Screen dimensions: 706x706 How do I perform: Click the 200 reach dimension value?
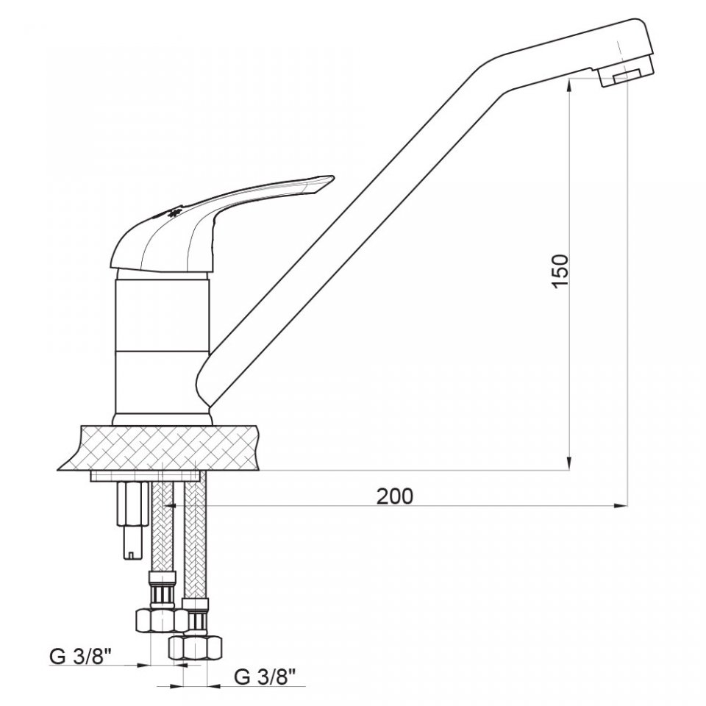click(394, 496)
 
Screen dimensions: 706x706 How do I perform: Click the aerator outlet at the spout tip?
click(627, 78)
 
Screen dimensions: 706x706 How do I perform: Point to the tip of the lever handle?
click(332, 178)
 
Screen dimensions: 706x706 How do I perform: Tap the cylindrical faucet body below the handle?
click(162, 346)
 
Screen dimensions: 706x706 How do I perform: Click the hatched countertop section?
click(159, 447)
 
